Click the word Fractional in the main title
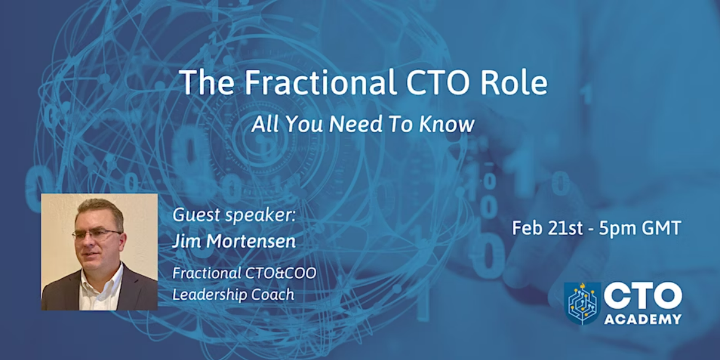point(317,82)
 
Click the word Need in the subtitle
point(350,124)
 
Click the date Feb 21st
point(546,228)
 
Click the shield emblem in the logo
point(582,303)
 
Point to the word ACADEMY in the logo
point(643,319)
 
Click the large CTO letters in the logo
point(643,296)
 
